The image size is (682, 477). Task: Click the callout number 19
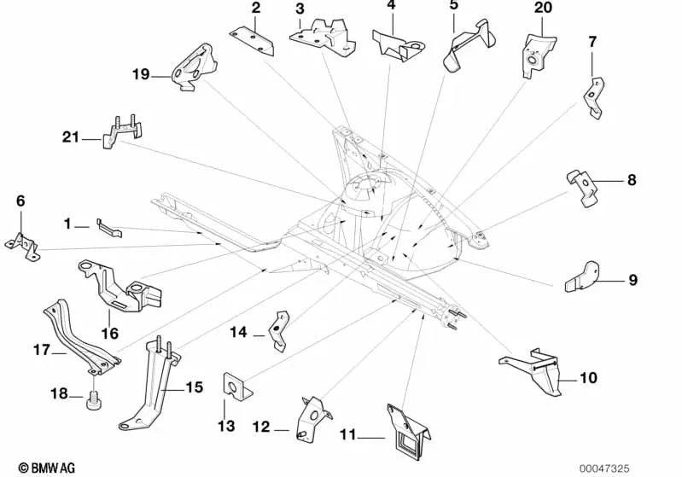141,74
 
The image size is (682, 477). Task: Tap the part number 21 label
72,136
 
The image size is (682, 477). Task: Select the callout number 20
543,8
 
